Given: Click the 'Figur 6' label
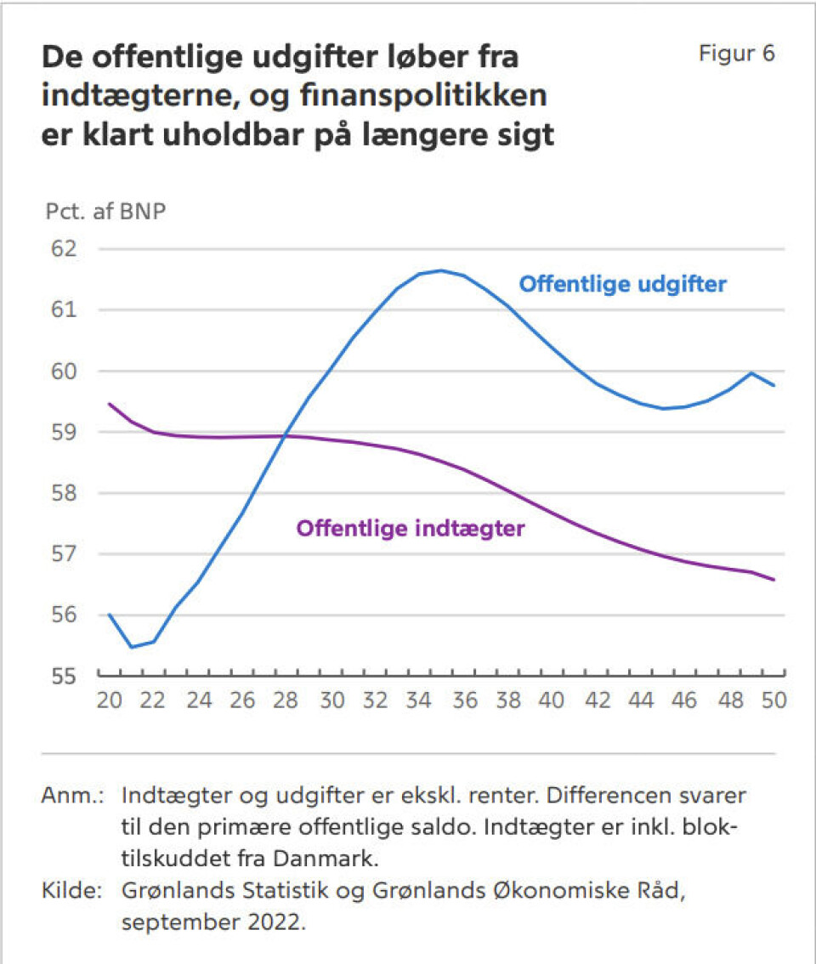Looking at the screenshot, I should (737, 54).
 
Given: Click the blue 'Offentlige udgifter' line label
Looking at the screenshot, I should (622, 284).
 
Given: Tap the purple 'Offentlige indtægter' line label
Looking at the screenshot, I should (411, 529).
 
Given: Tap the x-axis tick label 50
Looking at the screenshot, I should (772, 701).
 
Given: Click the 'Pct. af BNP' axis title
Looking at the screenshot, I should (105, 212).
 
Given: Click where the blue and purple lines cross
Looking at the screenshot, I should (285, 437).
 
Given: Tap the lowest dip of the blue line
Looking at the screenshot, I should (132, 647).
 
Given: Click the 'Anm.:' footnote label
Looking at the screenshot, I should (72, 797).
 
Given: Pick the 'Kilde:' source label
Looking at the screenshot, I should (72, 891).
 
